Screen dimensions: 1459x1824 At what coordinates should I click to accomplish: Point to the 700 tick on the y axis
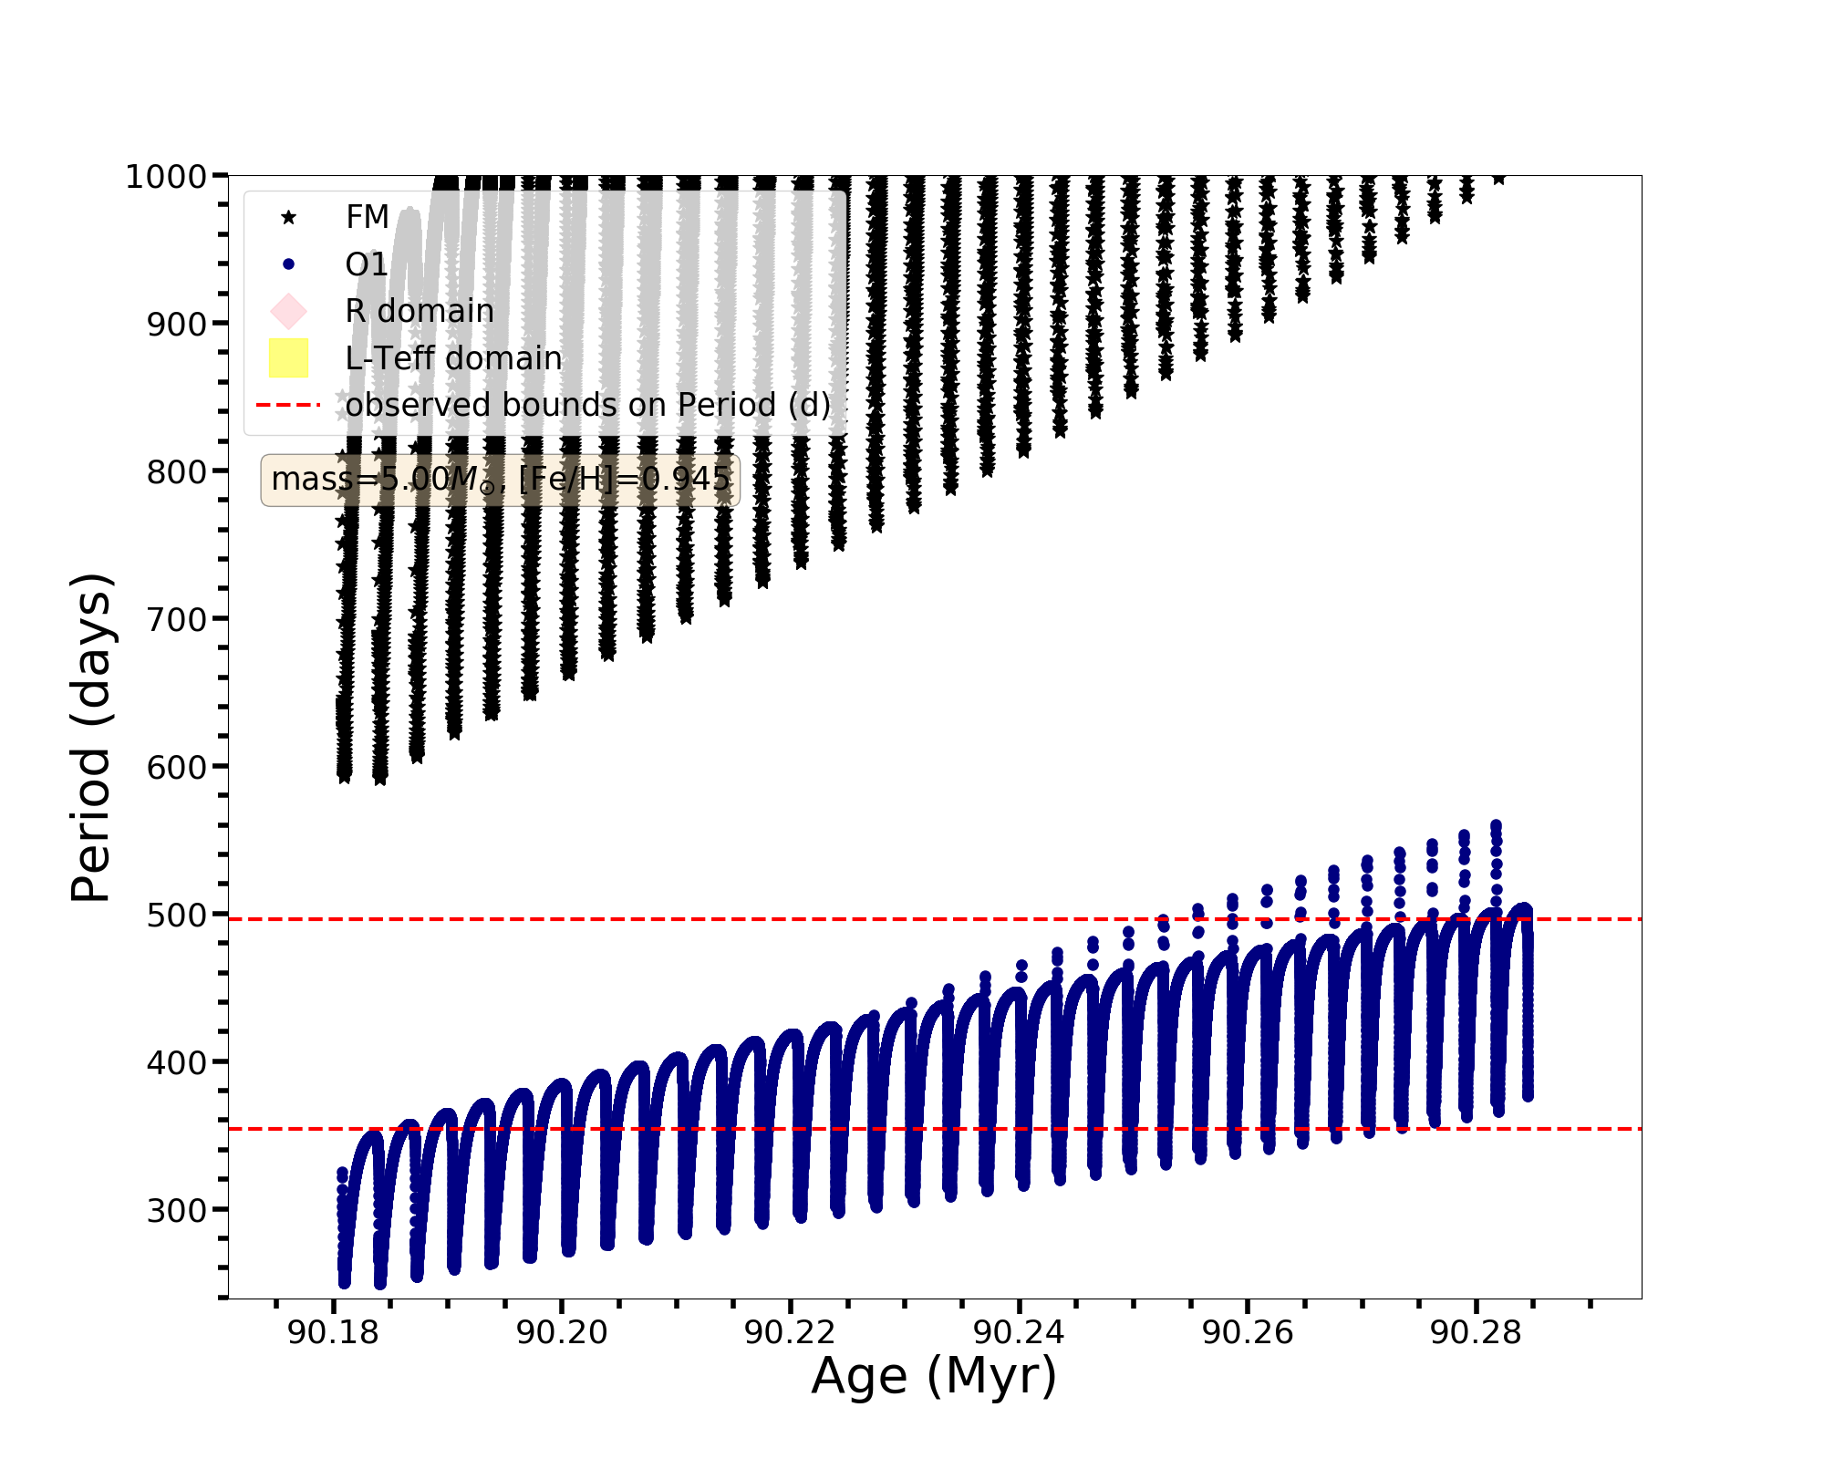pos(176,619)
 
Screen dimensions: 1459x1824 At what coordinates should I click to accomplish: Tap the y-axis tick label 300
pos(176,1210)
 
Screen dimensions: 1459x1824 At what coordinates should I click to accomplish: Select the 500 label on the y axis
pos(176,915)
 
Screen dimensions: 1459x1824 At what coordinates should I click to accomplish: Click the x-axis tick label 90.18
pos(333,1333)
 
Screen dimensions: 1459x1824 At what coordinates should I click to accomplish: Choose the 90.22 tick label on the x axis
pos(790,1333)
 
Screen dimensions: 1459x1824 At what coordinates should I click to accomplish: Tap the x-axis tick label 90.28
pos(1476,1333)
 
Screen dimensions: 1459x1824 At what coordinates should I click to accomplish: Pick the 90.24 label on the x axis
pos(1019,1333)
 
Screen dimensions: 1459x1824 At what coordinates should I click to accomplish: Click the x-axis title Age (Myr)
pos(934,1376)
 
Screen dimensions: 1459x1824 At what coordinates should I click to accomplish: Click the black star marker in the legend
pos(289,217)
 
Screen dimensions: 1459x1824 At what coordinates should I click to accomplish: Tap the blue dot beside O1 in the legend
pos(289,264)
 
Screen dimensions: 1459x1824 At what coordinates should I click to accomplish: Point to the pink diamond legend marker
pos(289,311)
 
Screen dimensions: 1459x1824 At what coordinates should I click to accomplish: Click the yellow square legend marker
pos(289,358)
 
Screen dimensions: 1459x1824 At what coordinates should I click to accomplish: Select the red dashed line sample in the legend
pos(289,405)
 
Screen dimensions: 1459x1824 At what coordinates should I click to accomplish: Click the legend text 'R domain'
pos(420,311)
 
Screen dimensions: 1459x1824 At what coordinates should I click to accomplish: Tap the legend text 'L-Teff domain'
pos(454,358)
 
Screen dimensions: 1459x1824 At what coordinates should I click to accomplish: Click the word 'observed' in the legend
pos(401,405)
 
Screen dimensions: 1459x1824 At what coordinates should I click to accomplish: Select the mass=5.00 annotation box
pos(500,480)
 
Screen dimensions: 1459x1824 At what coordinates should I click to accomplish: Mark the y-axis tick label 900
pos(176,324)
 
